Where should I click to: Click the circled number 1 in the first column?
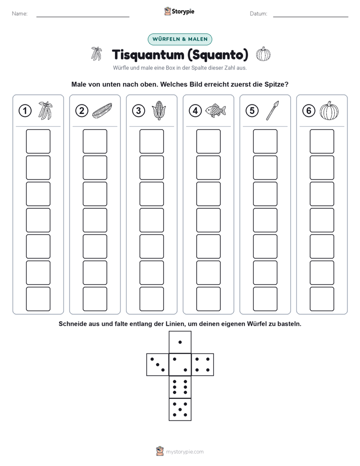(25, 111)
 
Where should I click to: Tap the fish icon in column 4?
(216, 110)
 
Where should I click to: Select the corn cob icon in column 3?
(159, 110)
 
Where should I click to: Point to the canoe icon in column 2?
(102, 110)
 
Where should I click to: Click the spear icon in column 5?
(272, 110)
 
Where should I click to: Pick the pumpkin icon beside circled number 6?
(329, 110)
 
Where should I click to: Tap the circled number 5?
(252, 111)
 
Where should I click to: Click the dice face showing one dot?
(180, 342)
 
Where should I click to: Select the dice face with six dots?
(180, 387)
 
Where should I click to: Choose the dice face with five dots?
(180, 410)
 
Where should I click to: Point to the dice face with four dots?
(203, 365)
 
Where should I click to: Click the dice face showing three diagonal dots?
(157, 365)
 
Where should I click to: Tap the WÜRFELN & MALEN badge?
(180, 39)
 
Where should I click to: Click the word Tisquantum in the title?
(148, 55)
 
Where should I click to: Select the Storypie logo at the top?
(179, 11)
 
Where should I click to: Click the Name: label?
(20, 14)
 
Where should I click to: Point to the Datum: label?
(259, 14)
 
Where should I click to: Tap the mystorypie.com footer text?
(185, 452)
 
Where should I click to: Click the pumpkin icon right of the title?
(263, 54)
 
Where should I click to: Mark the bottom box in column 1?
(38, 299)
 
